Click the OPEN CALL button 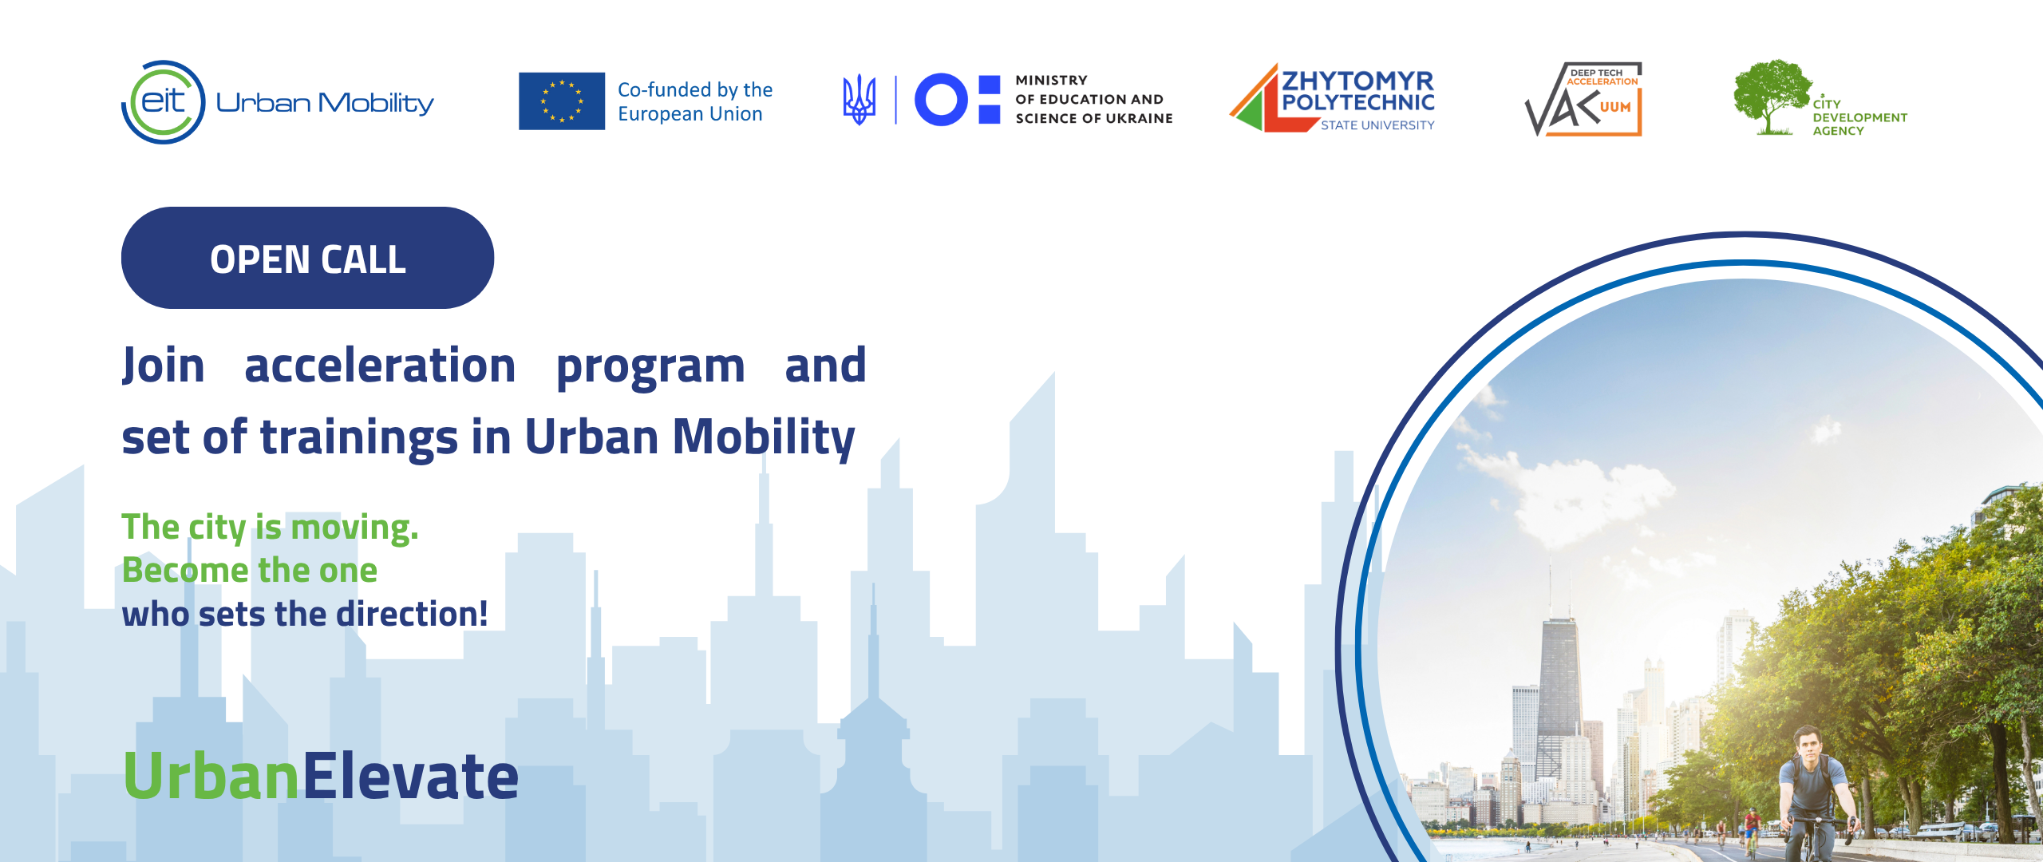307,258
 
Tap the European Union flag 562,101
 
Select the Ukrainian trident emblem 859,100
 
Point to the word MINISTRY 1051,80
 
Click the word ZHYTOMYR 1358,81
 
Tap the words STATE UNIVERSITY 1377,125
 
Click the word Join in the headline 164,366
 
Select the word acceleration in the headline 380,366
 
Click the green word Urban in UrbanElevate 211,776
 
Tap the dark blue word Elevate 410,776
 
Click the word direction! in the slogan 412,614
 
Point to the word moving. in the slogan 354,528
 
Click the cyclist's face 1808,746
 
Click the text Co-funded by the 695,89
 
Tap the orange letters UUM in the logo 1615,107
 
